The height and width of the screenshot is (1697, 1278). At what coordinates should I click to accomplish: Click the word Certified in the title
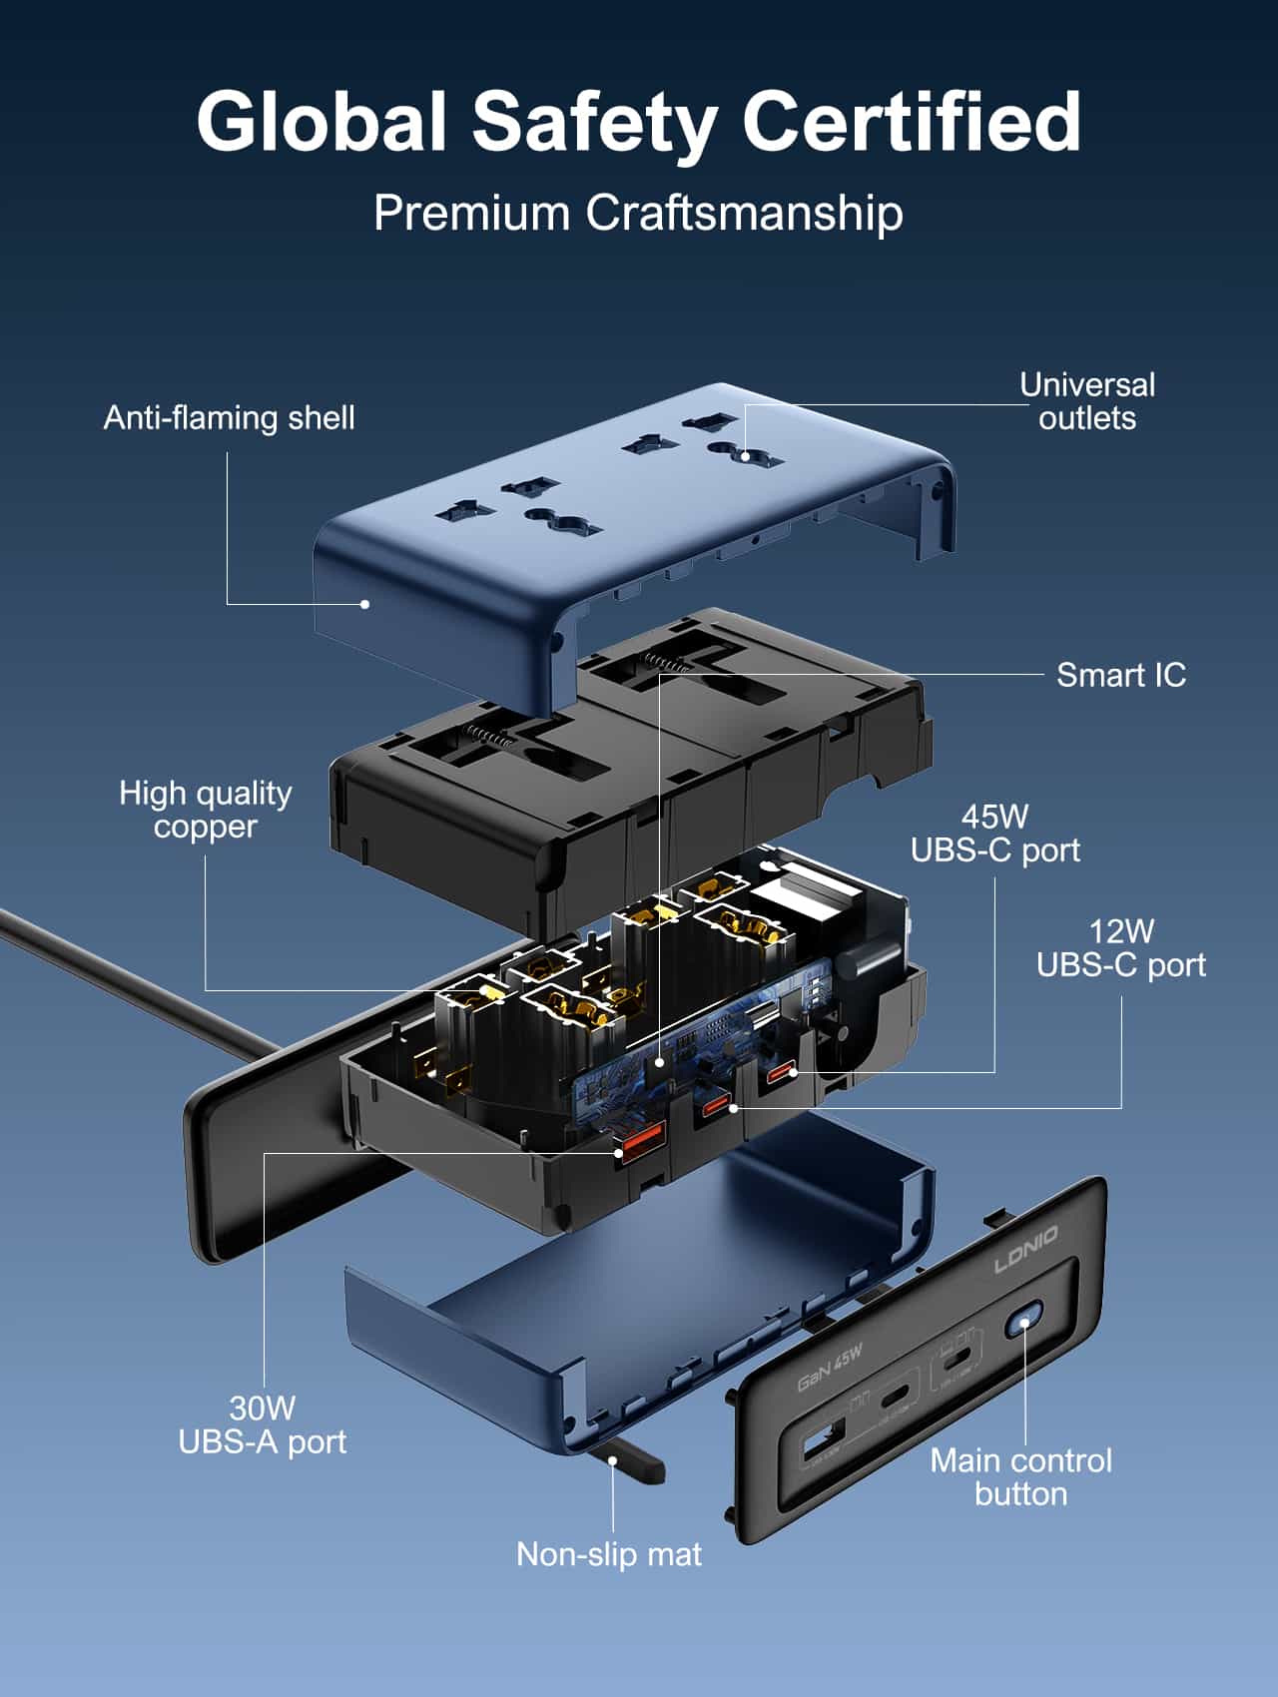(x=911, y=122)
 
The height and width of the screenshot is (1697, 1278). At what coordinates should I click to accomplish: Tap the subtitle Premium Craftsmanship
(x=638, y=213)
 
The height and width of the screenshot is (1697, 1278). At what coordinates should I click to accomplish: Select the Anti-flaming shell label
(x=229, y=417)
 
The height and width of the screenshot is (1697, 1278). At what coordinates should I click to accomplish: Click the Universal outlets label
(x=1086, y=401)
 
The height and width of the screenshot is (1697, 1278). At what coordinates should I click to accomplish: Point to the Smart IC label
(x=1120, y=675)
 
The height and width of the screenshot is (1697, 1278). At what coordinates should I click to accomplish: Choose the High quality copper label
(x=205, y=810)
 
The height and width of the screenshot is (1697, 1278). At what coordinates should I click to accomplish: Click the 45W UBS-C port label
(x=994, y=834)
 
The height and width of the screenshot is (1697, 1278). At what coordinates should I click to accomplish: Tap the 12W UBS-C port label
(x=1120, y=948)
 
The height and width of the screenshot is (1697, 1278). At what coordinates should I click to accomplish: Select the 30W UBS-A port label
(x=262, y=1424)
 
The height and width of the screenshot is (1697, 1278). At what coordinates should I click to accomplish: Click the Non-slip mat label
(x=608, y=1554)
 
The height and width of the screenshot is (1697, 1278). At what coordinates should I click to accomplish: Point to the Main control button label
(x=1020, y=1477)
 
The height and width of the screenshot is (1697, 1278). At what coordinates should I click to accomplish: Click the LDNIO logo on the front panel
(x=1025, y=1251)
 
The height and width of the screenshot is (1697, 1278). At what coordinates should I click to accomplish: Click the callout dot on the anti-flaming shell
(x=365, y=603)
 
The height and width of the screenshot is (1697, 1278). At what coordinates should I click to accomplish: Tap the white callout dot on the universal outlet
(x=745, y=456)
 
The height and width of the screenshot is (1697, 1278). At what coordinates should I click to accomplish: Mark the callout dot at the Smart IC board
(x=659, y=1063)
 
